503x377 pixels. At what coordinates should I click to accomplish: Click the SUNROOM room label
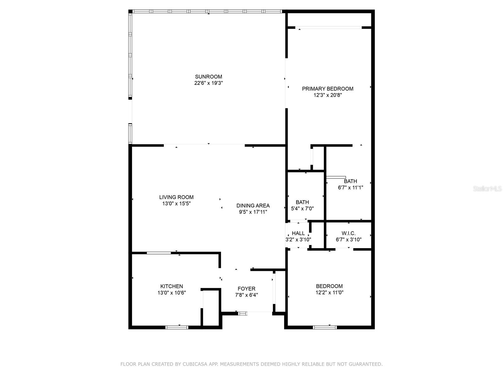click(x=208, y=77)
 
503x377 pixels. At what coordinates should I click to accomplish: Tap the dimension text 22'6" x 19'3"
click(x=208, y=83)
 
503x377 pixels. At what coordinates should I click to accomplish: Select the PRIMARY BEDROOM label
click(x=328, y=89)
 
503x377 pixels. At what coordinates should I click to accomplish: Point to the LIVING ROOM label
click(x=176, y=197)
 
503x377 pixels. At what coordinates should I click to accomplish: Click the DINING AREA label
click(x=253, y=206)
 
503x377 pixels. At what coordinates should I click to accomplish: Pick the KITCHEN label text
click(x=172, y=286)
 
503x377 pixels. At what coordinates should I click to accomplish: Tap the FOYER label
click(x=246, y=289)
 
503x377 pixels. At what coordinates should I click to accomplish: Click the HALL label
click(x=298, y=233)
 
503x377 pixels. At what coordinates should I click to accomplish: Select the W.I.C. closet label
click(x=348, y=233)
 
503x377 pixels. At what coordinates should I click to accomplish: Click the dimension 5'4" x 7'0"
click(x=302, y=208)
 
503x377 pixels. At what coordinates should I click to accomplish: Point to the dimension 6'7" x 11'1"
click(x=351, y=188)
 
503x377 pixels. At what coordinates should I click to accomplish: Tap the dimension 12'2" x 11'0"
click(x=329, y=292)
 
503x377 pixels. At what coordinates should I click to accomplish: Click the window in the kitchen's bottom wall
click(x=177, y=327)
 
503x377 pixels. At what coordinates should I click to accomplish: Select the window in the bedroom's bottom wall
click(x=325, y=327)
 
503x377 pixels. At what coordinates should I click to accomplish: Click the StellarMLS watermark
click(x=487, y=189)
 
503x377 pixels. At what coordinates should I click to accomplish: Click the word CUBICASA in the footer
click(x=193, y=364)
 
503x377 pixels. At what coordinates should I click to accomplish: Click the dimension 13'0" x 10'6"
click(x=172, y=292)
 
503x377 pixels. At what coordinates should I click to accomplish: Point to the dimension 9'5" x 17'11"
click(x=253, y=212)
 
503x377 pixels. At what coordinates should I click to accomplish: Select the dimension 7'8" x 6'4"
click(x=246, y=295)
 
